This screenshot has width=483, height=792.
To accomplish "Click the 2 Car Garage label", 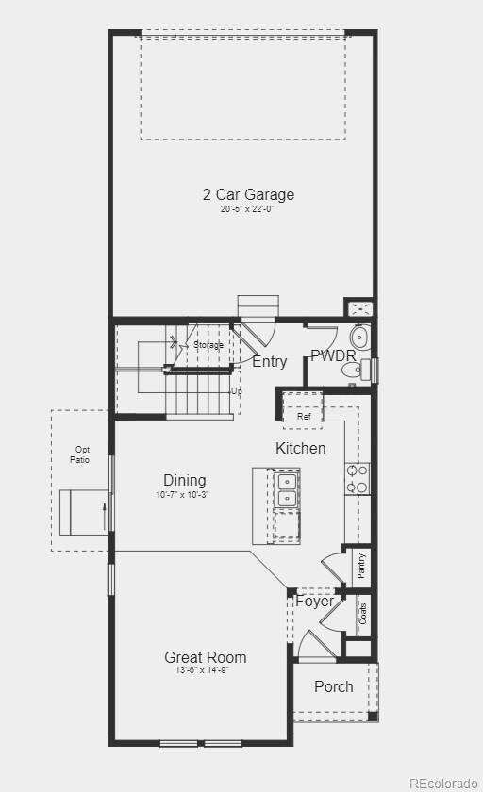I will click(248, 194).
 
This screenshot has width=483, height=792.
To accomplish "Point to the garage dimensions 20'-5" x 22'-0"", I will click(248, 209).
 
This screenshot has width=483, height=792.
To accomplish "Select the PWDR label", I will click(333, 356).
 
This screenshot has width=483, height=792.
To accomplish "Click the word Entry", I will click(270, 361).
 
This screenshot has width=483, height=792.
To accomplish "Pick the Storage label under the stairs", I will click(208, 345).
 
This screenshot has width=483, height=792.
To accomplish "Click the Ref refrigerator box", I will click(304, 416).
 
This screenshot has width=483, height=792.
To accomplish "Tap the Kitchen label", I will click(301, 448).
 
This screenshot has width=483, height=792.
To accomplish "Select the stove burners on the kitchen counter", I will click(358, 478).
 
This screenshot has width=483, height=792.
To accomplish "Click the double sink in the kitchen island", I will click(287, 490).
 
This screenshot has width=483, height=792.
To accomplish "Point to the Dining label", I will click(184, 480).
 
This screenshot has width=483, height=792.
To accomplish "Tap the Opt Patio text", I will click(79, 454).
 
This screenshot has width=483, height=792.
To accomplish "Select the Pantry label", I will click(361, 568).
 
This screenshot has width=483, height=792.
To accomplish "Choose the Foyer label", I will click(314, 601).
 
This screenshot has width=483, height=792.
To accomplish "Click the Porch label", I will click(334, 686).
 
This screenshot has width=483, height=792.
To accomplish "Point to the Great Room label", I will click(206, 657).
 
